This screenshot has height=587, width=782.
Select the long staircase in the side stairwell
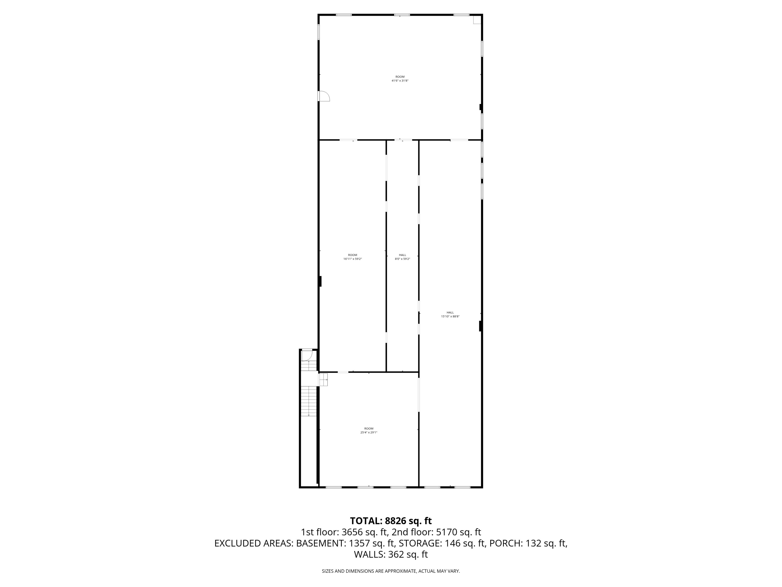coord(309,401)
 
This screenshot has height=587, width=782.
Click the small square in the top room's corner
coord(477,20)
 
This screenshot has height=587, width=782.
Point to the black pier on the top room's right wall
coord(480,107)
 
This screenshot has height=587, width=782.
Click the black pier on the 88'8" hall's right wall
coord(480,326)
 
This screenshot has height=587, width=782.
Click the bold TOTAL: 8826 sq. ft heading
coord(391,521)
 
